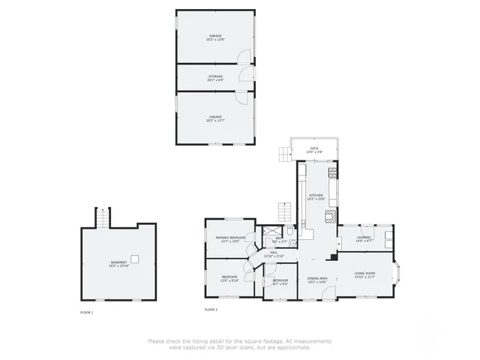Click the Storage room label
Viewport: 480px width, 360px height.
pos(215,76)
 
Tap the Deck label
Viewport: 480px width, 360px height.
pos(313,148)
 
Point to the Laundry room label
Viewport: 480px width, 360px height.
pos(364,237)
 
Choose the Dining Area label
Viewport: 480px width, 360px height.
pos(317,278)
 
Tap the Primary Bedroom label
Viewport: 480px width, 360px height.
pos(231,237)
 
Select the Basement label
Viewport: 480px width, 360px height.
pos(119,262)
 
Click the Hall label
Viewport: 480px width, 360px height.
pos(274,252)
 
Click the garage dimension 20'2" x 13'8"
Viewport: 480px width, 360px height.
pos(215,40)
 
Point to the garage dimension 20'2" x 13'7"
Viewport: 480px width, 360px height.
pos(215,120)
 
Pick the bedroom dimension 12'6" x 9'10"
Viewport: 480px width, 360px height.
pos(229,280)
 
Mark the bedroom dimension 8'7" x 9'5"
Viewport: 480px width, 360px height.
pos(280,283)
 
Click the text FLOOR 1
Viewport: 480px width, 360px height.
pos(87,311)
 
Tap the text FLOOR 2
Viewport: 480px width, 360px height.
pos(211,309)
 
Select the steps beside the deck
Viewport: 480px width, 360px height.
pos(283,154)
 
